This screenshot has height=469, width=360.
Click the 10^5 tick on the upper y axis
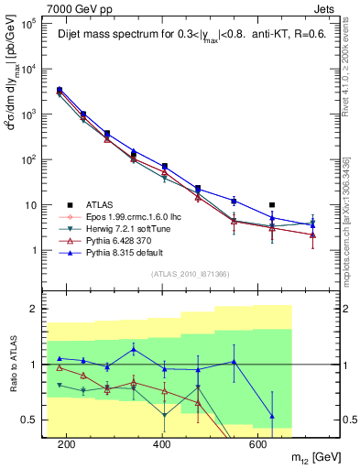pyautogui.click(x=30, y=24)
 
